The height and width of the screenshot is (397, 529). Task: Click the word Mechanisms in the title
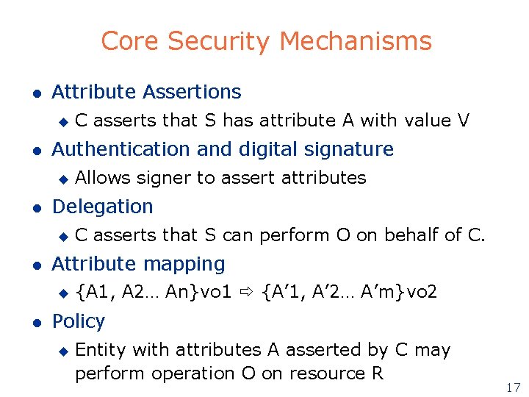click(356, 41)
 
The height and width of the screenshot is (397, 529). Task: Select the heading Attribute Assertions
click(146, 92)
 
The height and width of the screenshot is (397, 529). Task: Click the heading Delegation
click(102, 207)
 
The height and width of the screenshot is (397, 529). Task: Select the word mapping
click(190, 264)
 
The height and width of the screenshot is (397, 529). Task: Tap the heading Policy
click(78, 321)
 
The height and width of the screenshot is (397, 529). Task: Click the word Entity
click(97, 350)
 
